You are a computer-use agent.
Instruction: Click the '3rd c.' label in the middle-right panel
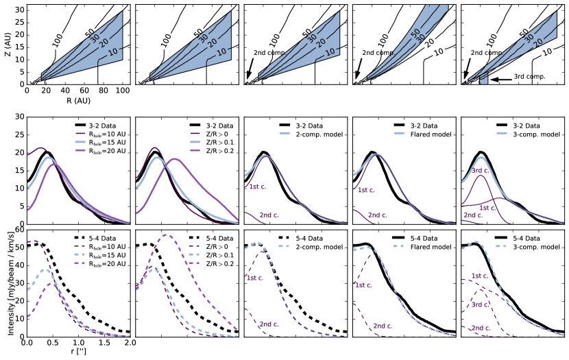479,171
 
